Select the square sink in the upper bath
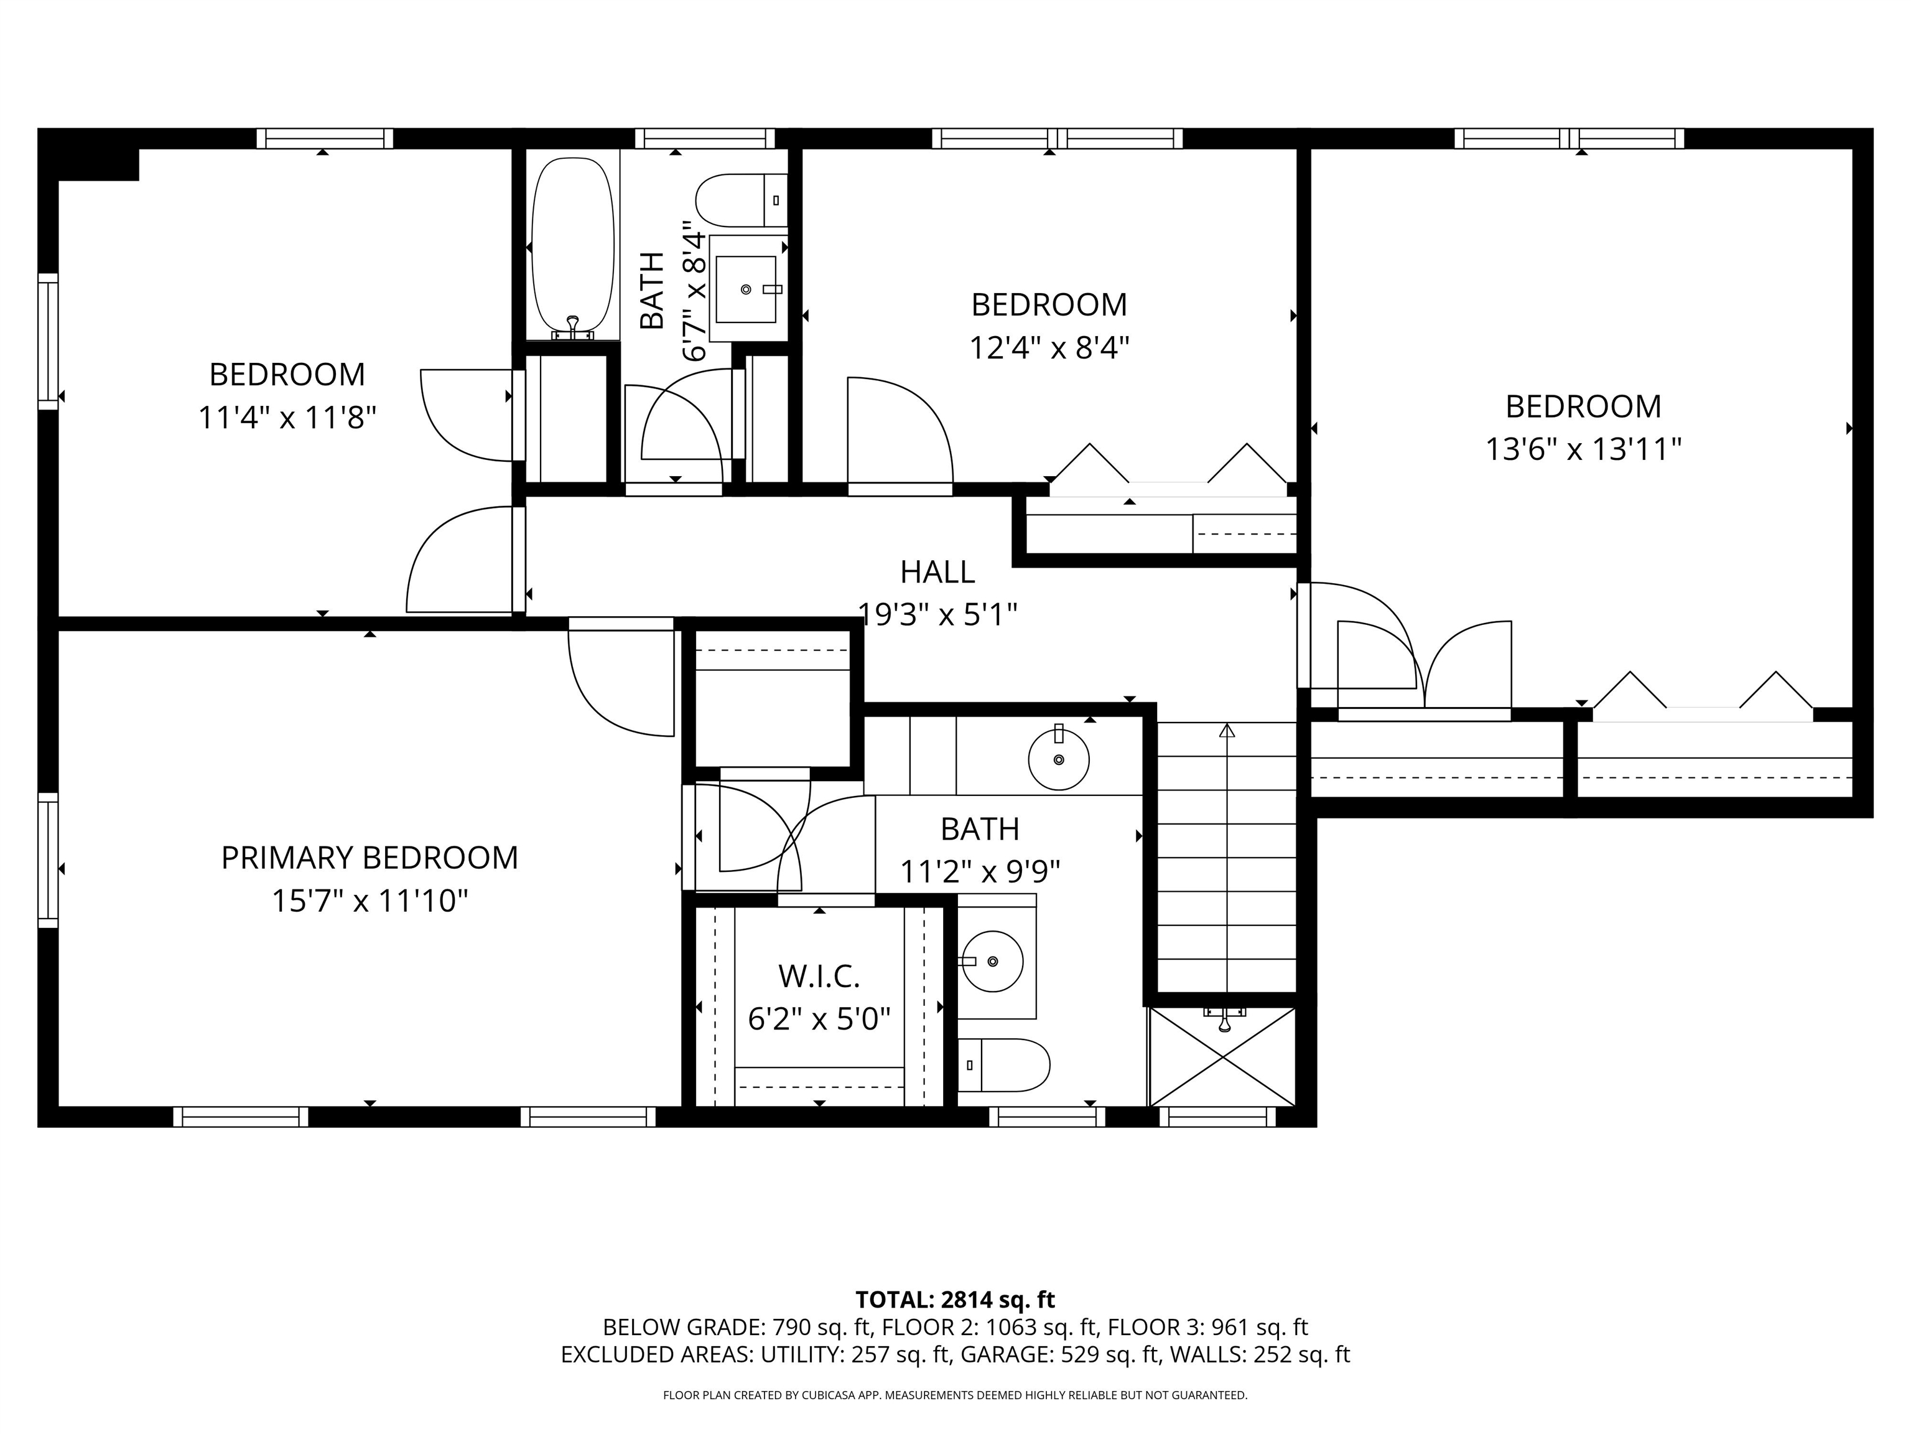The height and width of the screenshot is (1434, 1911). (746, 289)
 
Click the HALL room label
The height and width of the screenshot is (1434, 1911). (937, 572)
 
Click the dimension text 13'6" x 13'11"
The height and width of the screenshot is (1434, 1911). (1583, 449)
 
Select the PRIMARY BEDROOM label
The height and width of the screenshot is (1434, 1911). (370, 858)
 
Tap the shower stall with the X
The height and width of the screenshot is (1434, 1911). (1222, 1057)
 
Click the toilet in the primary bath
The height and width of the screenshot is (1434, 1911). (1005, 1065)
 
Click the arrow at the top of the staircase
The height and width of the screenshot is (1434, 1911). (1227, 732)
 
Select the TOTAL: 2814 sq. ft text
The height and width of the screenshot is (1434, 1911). (955, 1299)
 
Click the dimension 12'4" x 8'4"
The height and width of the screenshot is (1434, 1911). (1049, 349)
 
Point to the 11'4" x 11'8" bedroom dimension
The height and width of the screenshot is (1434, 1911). (287, 418)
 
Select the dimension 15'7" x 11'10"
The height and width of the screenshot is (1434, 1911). (370, 902)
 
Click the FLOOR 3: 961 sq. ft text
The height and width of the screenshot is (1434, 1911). (1207, 1327)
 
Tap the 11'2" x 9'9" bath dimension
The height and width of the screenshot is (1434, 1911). (980, 872)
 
